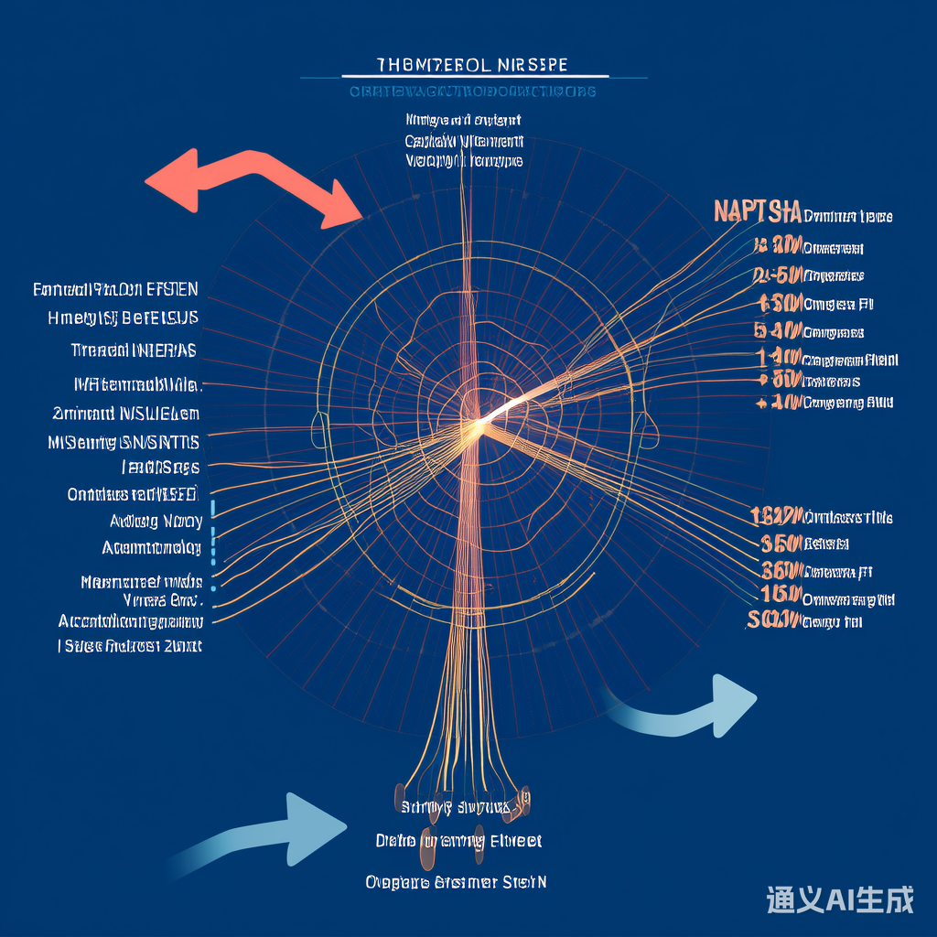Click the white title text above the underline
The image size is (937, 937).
[471, 65]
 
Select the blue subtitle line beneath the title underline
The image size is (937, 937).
[472, 92]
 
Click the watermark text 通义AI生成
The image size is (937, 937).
[840, 899]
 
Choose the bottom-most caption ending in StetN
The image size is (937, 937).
[455, 882]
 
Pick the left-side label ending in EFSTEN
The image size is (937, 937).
[115, 290]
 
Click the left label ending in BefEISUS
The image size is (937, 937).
[123, 318]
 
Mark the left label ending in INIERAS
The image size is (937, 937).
[134, 350]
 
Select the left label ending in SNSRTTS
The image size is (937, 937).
[124, 443]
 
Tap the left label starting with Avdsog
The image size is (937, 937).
[156, 522]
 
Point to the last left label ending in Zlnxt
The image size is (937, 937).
[129, 646]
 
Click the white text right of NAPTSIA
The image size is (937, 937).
[847, 217]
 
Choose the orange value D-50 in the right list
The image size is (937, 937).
[779, 275]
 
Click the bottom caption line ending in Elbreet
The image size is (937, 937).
[458, 840]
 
